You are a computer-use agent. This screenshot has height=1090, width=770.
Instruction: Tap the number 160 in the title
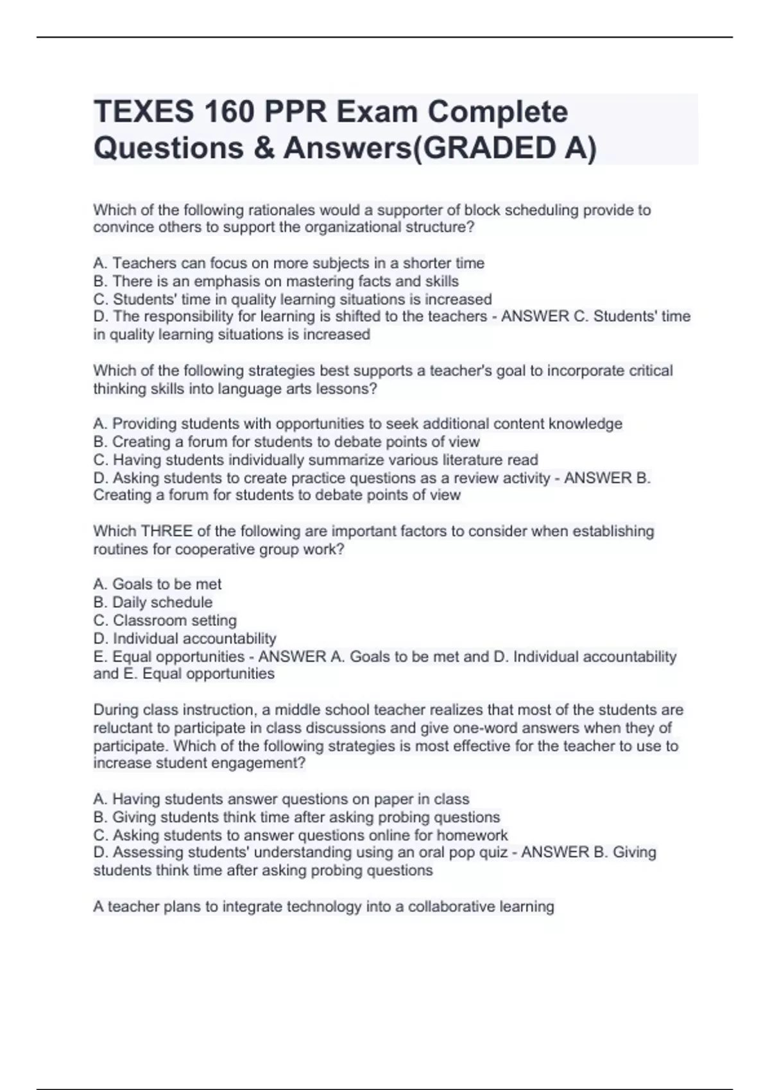click(230, 112)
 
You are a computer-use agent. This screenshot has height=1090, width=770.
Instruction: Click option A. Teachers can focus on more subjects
click(289, 264)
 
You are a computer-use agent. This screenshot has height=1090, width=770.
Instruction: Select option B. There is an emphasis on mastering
click(276, 281)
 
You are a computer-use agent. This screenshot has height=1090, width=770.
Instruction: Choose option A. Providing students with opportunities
click(357, 424)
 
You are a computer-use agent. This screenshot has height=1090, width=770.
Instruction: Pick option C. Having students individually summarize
click(316, 460)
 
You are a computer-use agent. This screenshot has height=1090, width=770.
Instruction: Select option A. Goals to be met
click(157, 585)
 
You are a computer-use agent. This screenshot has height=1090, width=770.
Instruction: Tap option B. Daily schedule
click(153, 603)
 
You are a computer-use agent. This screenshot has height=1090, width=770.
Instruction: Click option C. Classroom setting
click(165, 621)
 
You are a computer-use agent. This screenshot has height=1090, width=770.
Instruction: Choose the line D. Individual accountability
click(185, 639)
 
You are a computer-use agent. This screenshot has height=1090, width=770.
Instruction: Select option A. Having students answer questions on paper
click(281, 800)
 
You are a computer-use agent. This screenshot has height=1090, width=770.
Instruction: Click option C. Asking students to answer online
click(300, 835)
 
